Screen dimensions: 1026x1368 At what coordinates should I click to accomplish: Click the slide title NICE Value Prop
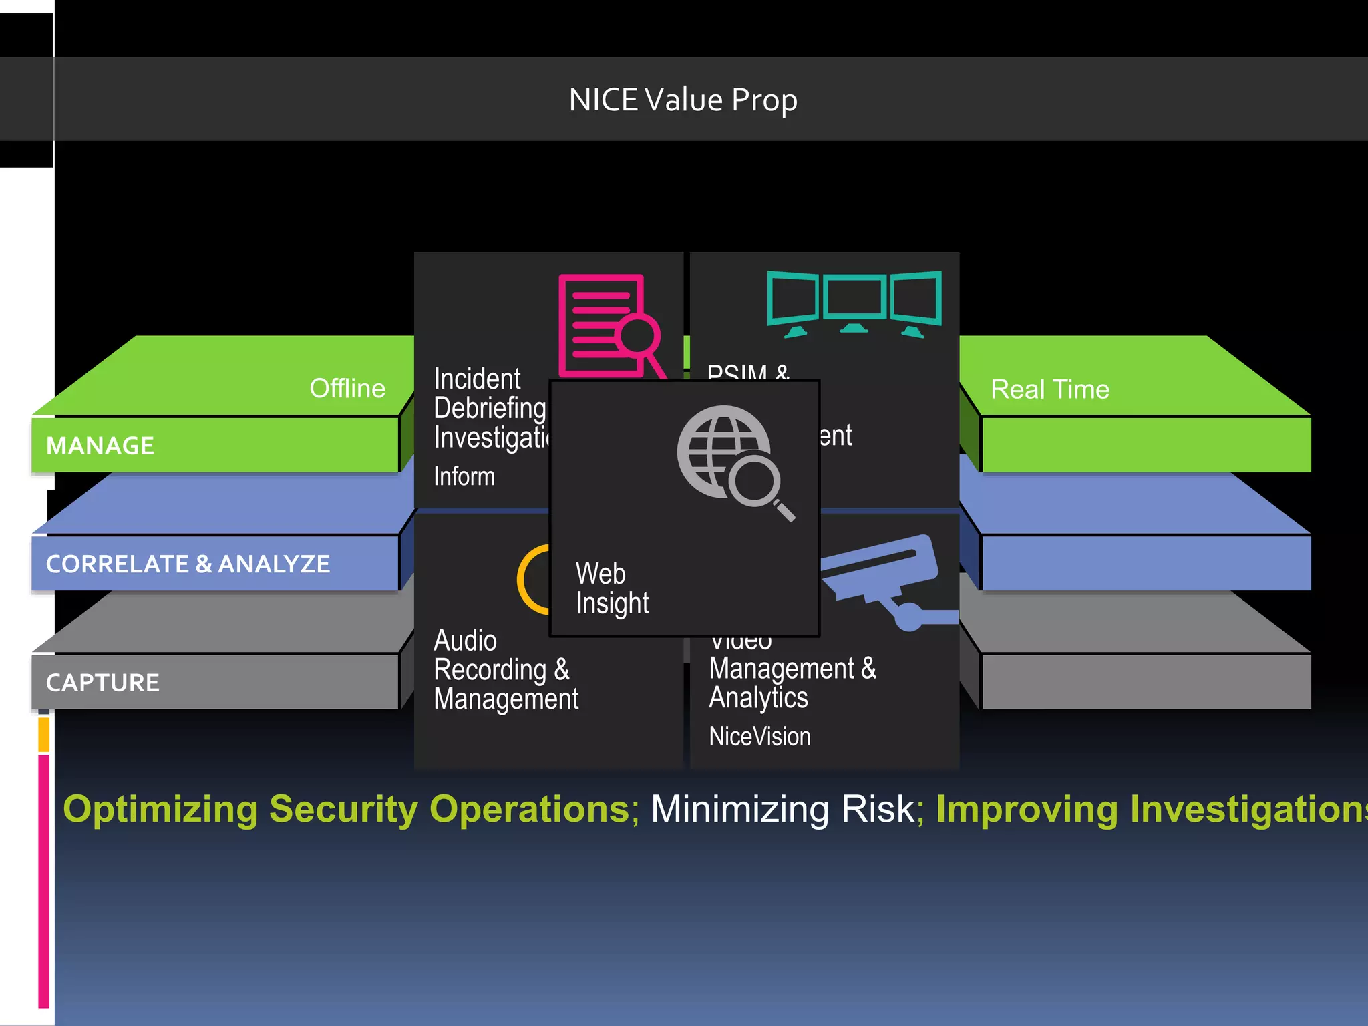(x=683, y=100)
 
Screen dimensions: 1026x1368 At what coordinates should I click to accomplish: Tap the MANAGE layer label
(x=100, y=446)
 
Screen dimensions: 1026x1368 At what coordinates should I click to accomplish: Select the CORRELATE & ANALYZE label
(x=188, y=564)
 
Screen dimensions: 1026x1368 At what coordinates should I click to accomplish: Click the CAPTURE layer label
(x=103, y=683)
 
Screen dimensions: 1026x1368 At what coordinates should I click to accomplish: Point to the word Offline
(x=347, y=389)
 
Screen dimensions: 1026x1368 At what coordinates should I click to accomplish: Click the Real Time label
(x=1049, y=389)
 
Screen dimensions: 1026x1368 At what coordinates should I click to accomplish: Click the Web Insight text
(x=612, y=588)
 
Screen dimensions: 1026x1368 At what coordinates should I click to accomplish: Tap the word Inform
(x=464, y=477)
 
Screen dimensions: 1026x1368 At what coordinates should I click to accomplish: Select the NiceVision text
(x=759, y=737)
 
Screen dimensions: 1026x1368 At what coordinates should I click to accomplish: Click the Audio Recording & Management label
(x=506, y=670)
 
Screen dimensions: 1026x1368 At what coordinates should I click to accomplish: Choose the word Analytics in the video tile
(x=758, y=698)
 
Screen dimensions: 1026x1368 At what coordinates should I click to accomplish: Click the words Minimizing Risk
(x=782, y=809)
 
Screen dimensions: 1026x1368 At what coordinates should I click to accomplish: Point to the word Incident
(x=477, y=379)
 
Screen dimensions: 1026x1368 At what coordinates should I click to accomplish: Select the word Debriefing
(x=490, y=408)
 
